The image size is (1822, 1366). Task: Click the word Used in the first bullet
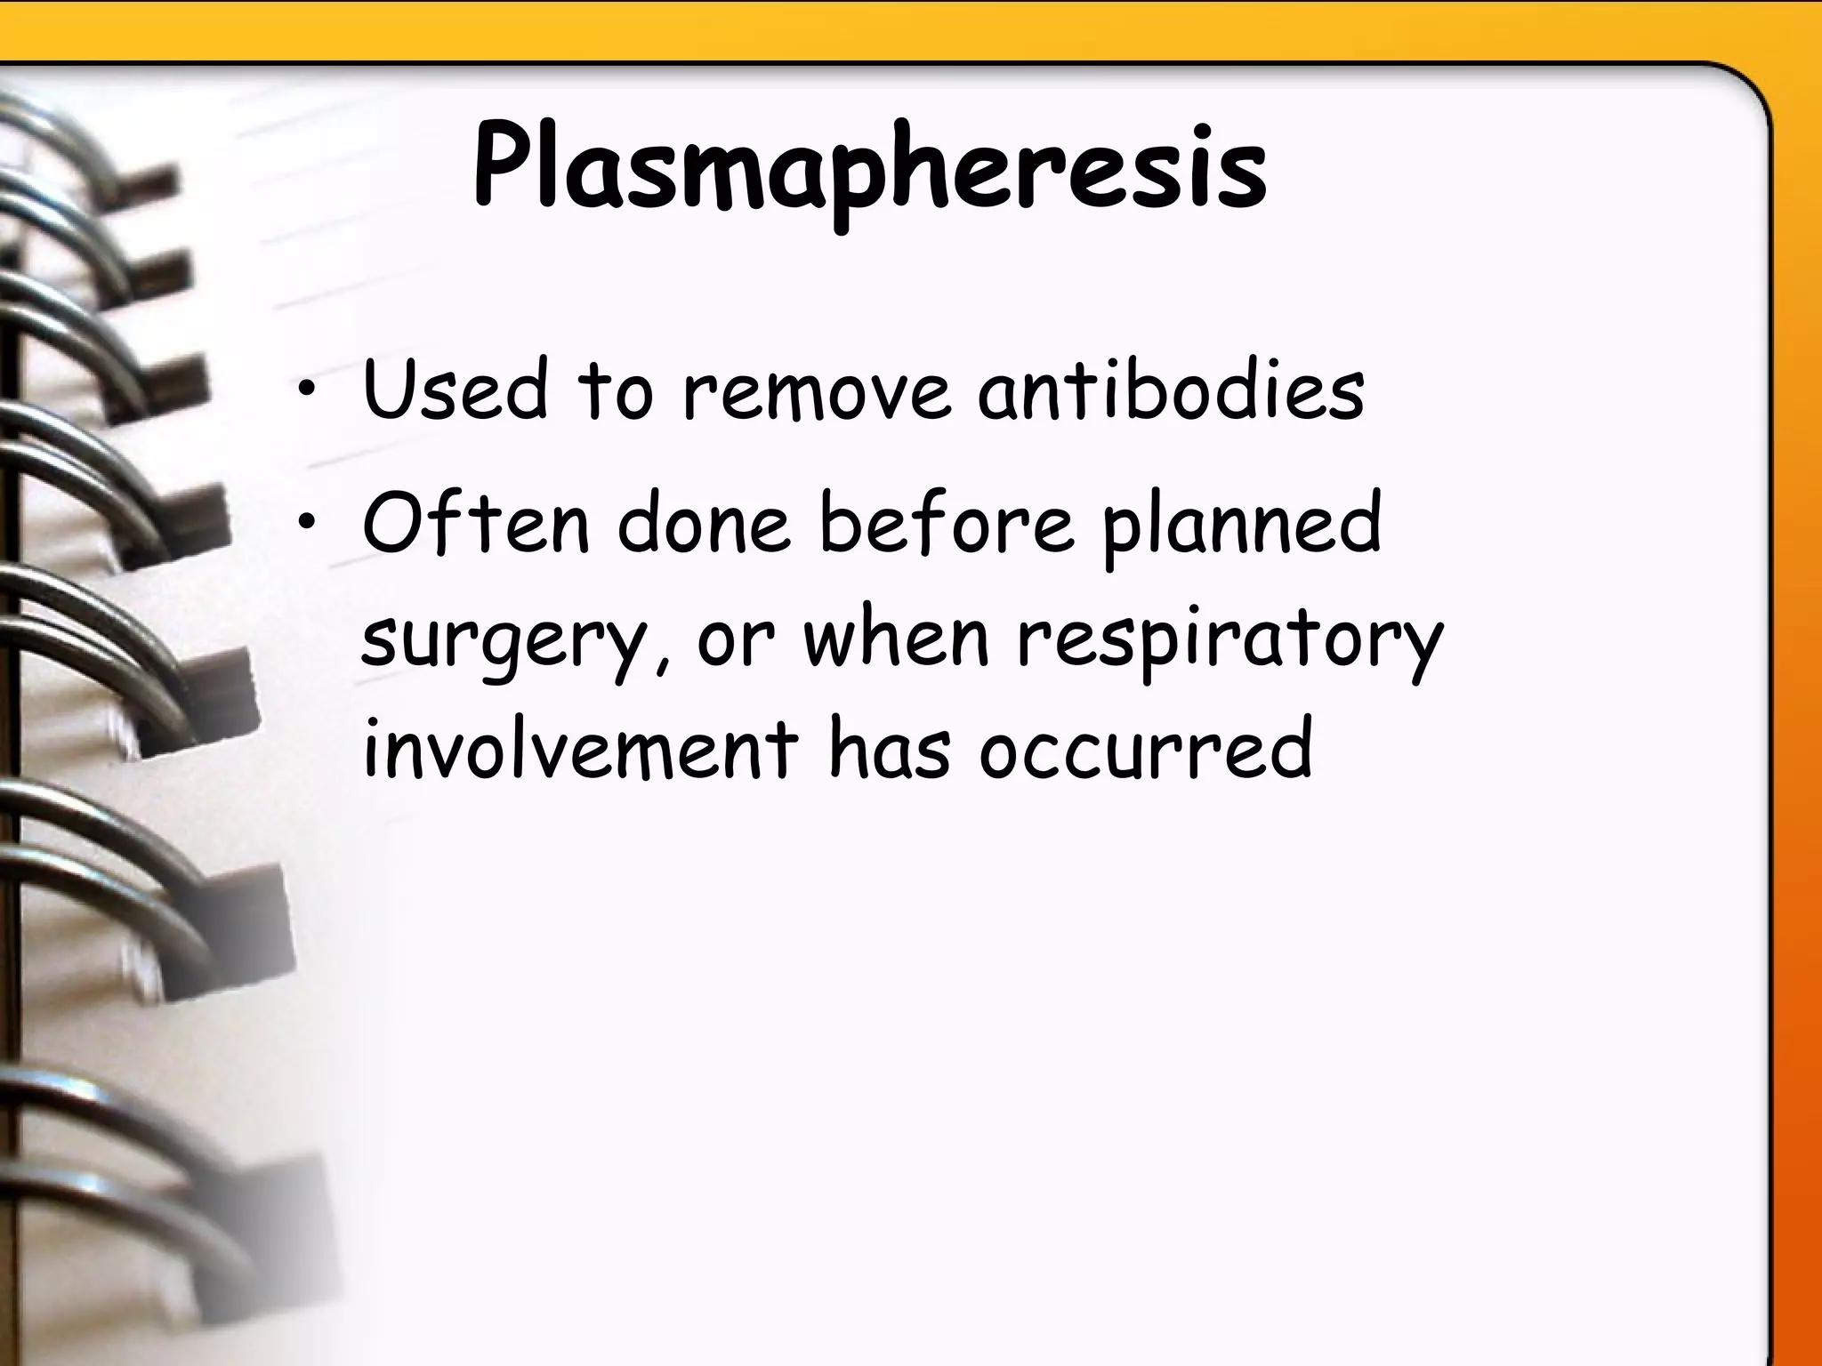[x=455, y=390]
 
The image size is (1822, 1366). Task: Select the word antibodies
[x=1171, y=390]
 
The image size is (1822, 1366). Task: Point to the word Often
[x=476, y=525]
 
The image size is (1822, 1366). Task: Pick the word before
[x=946, y=525]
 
